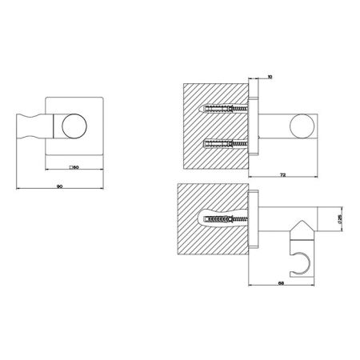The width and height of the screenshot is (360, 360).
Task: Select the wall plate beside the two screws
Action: pyautogui.click(x=254, y=126)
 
